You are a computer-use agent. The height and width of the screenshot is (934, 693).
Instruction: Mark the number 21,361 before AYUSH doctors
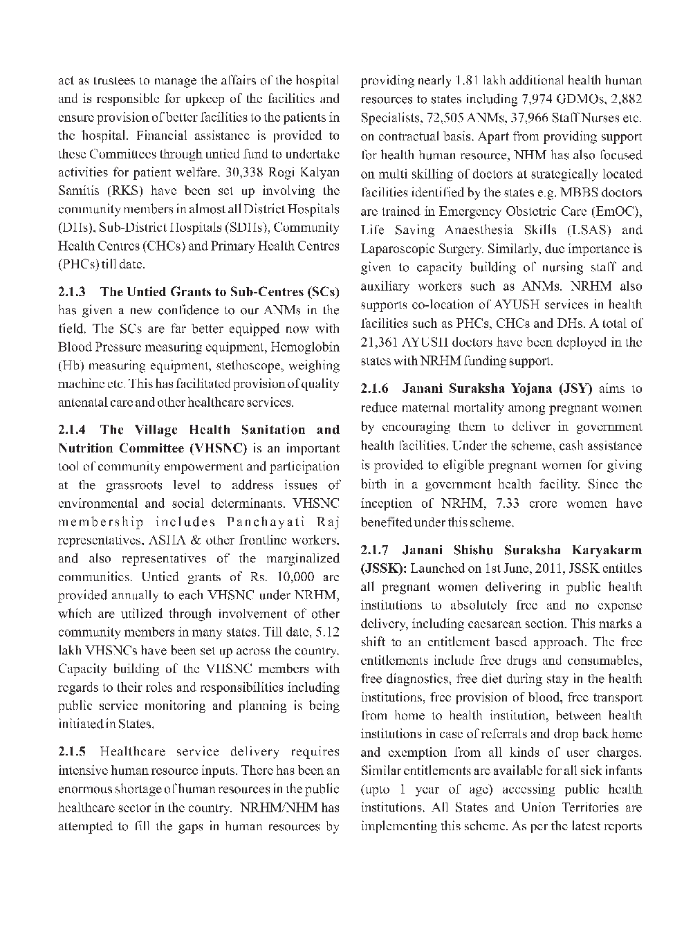[382, 342]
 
